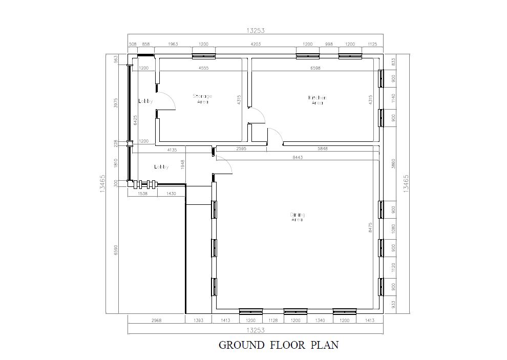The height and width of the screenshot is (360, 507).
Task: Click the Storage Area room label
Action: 202,99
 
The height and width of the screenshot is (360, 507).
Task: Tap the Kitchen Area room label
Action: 317,100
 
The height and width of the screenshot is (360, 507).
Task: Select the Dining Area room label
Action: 297,217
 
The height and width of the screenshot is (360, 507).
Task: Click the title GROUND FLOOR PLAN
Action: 279,345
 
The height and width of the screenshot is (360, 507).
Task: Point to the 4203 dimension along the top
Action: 256,45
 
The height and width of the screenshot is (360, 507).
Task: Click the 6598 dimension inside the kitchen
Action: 315,68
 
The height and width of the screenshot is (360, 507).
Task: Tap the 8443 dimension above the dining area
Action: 298,158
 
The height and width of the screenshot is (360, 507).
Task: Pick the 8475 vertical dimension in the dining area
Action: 370,228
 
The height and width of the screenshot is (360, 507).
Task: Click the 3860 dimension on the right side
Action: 393,164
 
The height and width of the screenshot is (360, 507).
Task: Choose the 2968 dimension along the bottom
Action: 156,321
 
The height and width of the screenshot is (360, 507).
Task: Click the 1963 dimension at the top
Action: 173,45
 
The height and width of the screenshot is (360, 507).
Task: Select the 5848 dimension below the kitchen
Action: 323,149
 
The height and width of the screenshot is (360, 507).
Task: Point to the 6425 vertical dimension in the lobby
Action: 135,120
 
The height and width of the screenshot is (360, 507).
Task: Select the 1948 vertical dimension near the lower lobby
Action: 182,164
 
